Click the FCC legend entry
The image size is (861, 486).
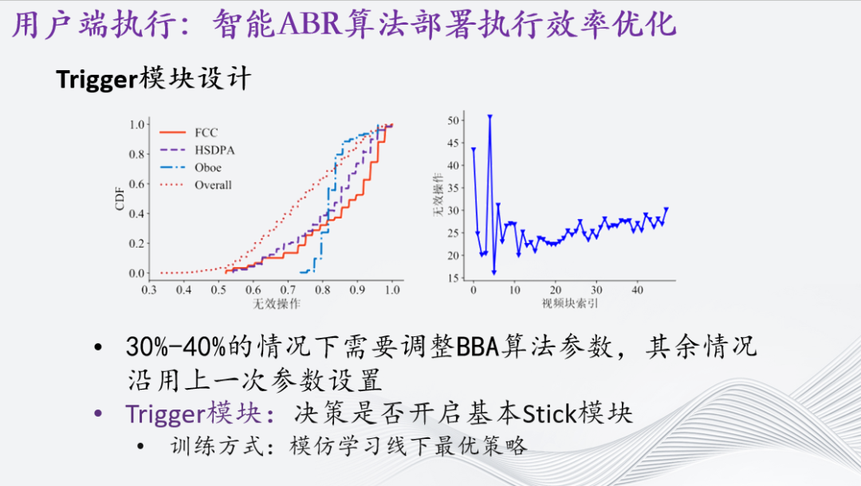[x=206, y=132]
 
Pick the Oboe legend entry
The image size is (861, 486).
[x=208, y=167]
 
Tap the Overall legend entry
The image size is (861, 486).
[x=213, y=185]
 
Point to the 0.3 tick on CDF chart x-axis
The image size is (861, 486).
[x=149, y=291]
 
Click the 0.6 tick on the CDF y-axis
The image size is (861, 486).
[x=136, y=184]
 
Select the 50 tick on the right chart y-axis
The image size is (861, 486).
[x=454, y=120]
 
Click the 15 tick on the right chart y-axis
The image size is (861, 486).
[x=454, y=277]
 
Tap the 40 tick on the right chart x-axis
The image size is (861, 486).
[x=637, y=290]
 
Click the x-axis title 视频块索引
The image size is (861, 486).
[x=571, y=304]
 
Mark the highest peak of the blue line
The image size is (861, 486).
[x=489, y=116]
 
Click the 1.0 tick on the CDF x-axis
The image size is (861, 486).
[x=391, y=291]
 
